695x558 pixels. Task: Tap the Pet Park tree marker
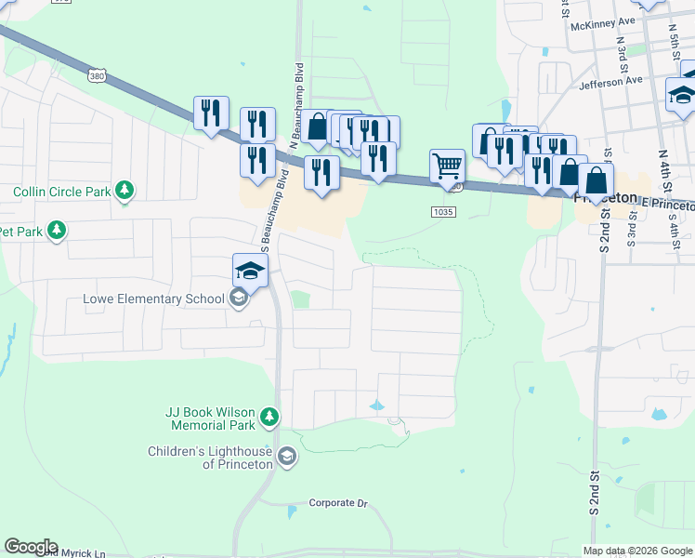click(x=57, y=231)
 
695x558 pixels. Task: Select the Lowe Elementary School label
click(x=153, y=299)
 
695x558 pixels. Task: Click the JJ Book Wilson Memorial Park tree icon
click(x=269, y=417)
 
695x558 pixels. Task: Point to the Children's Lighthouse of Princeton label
click(x=210, y=458)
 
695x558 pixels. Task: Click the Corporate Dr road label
click(x=338, y=503)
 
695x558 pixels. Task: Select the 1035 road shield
click(x=443, y=213)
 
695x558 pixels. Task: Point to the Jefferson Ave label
click(x=610, y=81)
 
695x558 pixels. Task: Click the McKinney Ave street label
click(x=603, y=21)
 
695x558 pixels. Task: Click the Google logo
click(x=31, y=547)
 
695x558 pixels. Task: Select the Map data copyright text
click(x=637, y=551)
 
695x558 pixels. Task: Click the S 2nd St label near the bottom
click(x=594, y=493)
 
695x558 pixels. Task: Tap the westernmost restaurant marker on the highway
click(x=211, y=113)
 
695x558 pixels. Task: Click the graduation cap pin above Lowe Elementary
click(x=250, y=270)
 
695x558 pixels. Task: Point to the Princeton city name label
click(x=605, y=199)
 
